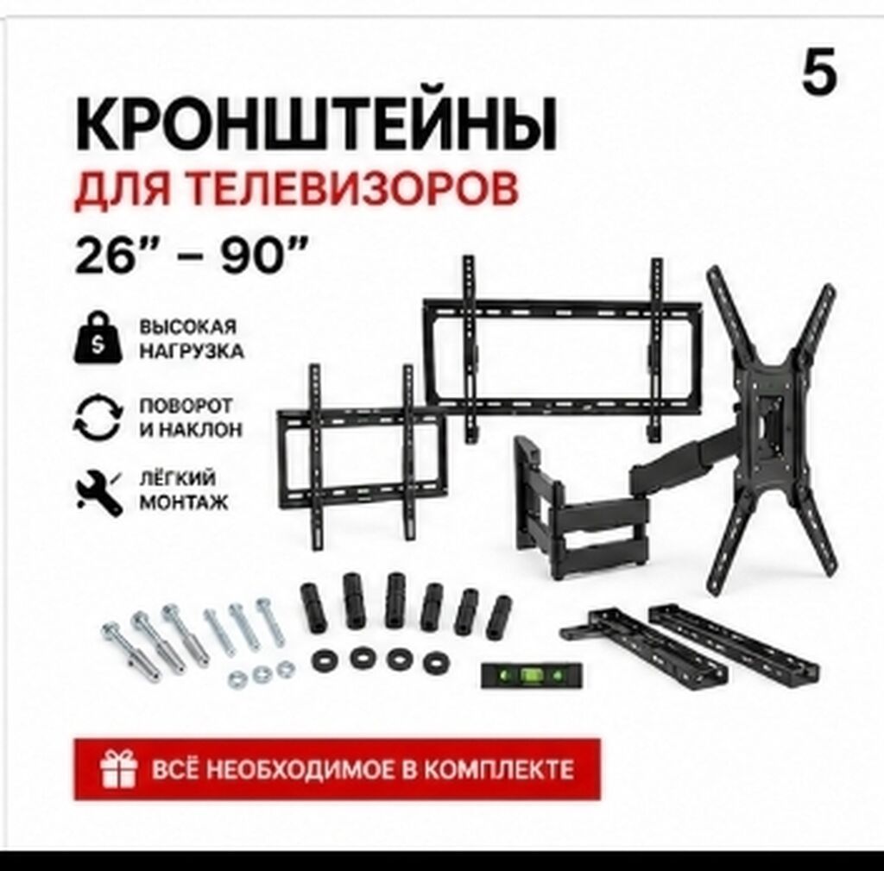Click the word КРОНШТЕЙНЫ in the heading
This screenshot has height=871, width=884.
pos(316,124)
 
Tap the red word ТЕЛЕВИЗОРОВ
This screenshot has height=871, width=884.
pos(350,189)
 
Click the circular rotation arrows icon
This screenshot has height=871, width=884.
pos(98,418)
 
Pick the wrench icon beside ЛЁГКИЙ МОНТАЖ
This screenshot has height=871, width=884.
pos(99,491)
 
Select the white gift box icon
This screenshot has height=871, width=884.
pos(118,769)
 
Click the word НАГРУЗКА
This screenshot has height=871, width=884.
pos(191,351)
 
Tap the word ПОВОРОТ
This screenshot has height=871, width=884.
pos(186,406)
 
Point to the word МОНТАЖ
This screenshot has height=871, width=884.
pos(184,502)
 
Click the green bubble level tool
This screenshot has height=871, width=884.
pos(531,675)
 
